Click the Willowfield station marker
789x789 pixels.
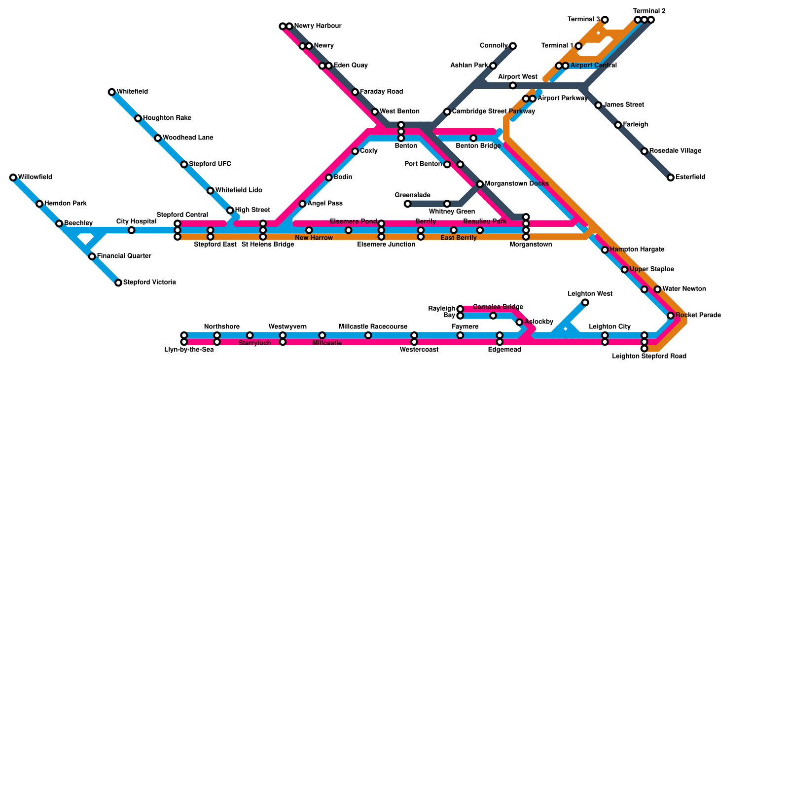(13, 178)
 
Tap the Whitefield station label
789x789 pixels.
(132, 92)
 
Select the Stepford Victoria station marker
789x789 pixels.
(118, 283)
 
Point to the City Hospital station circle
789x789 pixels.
(131, 230)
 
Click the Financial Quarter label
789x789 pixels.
(124, 256)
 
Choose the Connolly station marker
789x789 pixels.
(513, 46)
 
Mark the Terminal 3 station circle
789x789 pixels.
(605, 20)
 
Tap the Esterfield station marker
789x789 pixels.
(671, 178)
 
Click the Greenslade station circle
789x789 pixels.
(407, 204)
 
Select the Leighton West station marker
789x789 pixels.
(585, 302)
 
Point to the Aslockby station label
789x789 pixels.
(539, 322)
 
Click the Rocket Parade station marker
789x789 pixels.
(671, 316)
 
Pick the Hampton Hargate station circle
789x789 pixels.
(605, 250)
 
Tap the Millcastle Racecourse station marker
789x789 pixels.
(368, 335)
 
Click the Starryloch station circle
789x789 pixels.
(250, 335)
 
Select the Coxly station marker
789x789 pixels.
(355, 151)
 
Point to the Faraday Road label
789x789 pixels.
(381, 92)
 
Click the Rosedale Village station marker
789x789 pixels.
(645, 151)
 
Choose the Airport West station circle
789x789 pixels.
(513, 86)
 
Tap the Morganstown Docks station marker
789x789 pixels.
(480, 184)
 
